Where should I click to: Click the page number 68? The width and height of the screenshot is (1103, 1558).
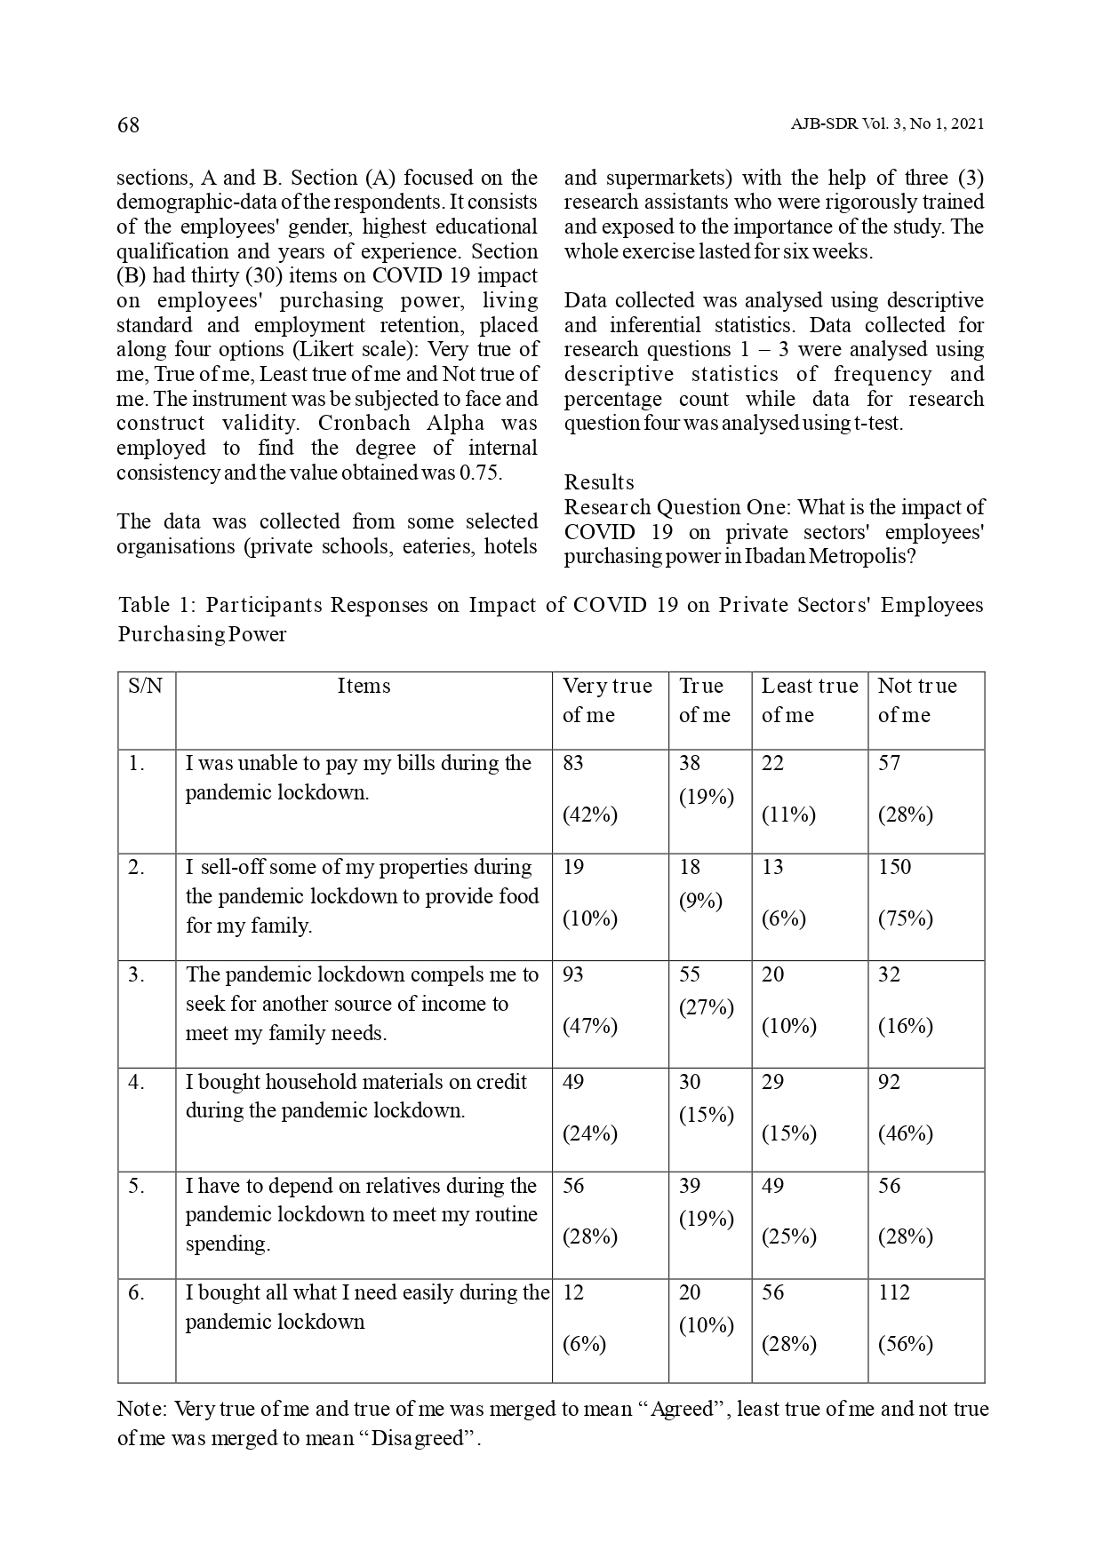tap(128, 125)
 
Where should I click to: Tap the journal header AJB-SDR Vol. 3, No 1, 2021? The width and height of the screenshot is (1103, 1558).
tap(886, 125)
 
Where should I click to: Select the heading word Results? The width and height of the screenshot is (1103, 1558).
tap(599, 482)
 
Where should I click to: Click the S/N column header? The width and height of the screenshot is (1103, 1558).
tap(146, 686)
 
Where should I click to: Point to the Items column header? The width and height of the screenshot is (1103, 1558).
tap(364, 686)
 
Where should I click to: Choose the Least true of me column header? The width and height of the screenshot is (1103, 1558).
tap(809, 700)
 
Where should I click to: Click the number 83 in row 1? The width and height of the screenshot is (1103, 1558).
tap(573, 763)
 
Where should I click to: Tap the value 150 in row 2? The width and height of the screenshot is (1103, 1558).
tap(894, 867)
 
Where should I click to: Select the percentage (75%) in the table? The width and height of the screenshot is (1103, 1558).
tap(905, 918)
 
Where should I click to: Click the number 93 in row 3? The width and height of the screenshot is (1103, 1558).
tap(573, 974)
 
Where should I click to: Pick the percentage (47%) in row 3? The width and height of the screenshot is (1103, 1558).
tap(589, 1026)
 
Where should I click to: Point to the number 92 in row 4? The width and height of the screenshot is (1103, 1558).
tap(889, 1082)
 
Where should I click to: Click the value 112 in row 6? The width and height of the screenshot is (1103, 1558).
tap(894, 1292)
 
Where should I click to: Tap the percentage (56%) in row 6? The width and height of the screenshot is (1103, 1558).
tap(905, 1344)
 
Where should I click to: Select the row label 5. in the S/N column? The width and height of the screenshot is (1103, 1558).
tap(135, 1186)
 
